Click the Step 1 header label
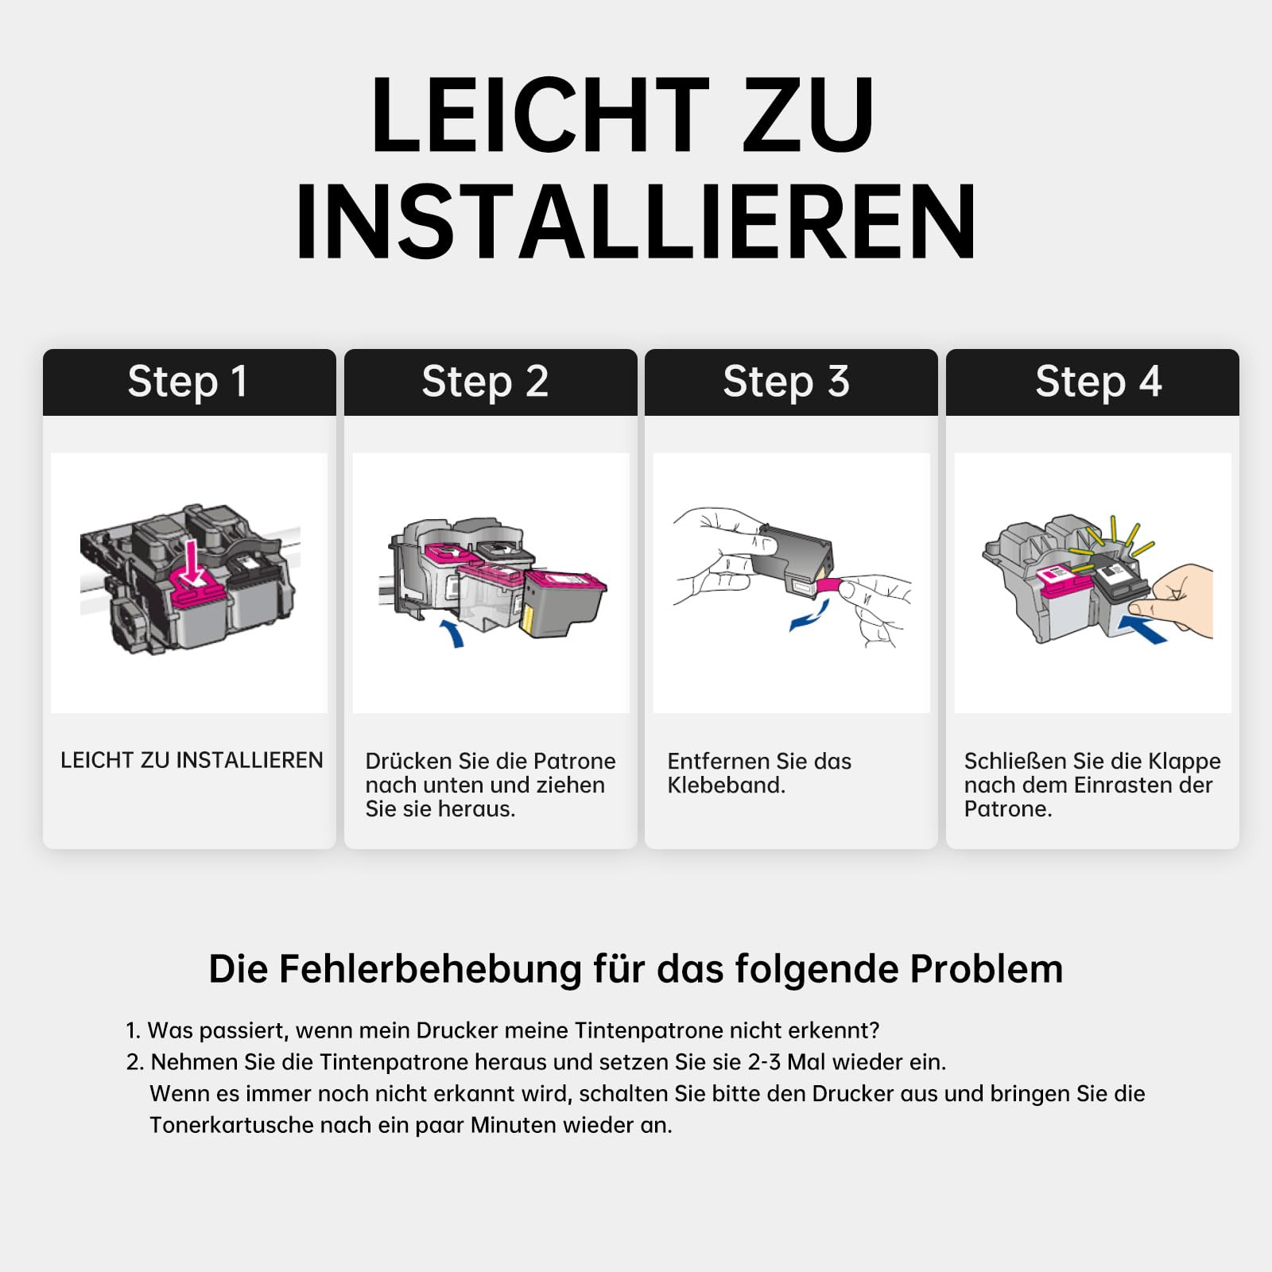coord(188,382)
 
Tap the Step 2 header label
coord(485,382)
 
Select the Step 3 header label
coord(786,382)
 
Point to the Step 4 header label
coord(1099,382)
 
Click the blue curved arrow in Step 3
coord(811,615)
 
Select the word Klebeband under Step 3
coord(726,785)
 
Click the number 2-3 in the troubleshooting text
coord(765,1062)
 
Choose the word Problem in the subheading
coord(987,969)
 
